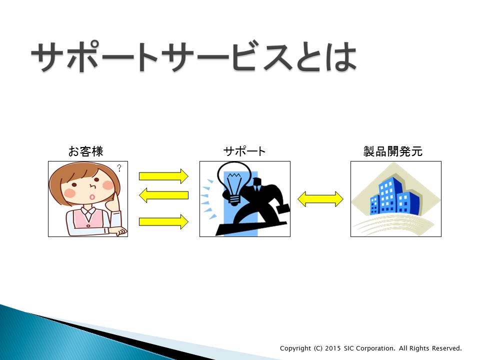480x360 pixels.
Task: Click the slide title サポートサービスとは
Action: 194,56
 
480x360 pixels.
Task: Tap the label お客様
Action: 85,151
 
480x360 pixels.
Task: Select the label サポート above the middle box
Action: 244,151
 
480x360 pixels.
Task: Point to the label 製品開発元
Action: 393,151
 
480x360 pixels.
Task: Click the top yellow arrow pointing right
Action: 164,176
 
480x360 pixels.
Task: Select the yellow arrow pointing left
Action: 164,195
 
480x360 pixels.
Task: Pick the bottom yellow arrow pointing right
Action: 164,221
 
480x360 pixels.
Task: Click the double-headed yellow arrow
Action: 320,199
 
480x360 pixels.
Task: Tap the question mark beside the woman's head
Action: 119,168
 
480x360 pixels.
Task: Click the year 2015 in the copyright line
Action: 333,348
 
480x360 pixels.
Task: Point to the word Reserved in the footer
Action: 447,348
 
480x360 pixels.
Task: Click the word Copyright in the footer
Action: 295,348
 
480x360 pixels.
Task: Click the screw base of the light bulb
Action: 234,200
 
